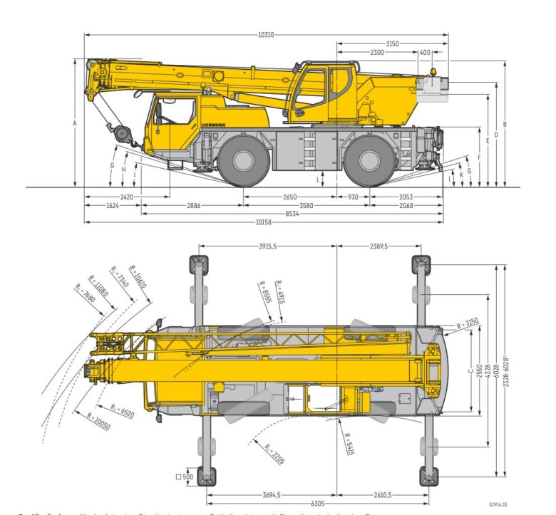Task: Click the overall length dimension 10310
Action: pos(266,34)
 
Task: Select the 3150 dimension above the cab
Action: pos(392,44)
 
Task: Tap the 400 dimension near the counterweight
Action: pos(425,53)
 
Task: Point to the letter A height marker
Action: pos(74,123)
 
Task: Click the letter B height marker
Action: pos(505,125)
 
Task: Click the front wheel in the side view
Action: pos(244,161)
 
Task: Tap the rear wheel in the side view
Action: pos(370,161)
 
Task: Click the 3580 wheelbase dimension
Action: pos(307,205)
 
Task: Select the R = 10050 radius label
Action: pos(98,421)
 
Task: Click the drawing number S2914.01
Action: pos(498,504)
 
